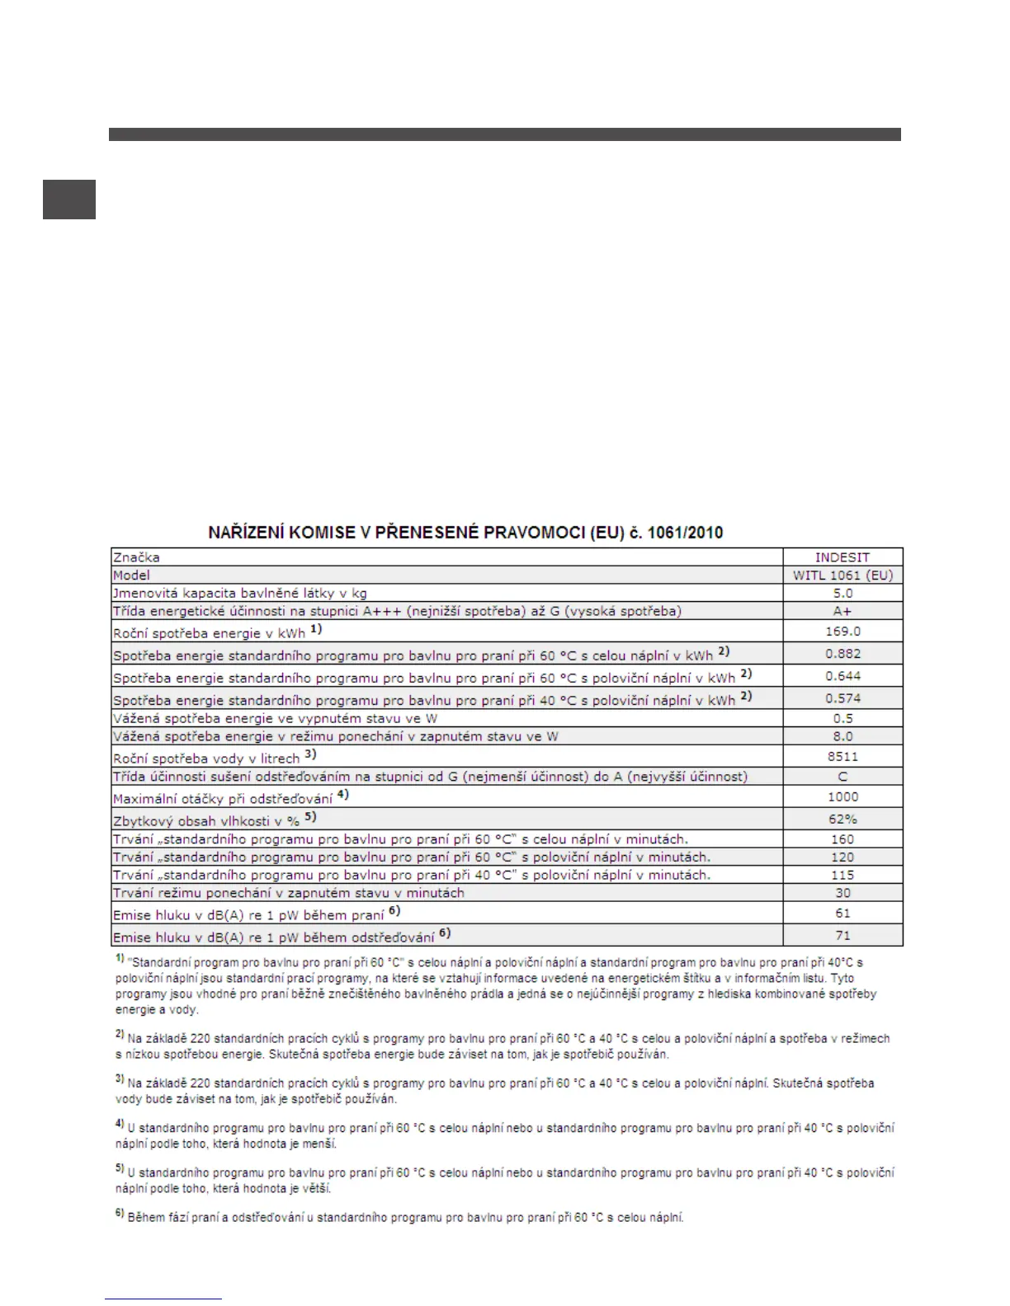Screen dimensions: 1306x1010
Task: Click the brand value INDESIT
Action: [x=842, y=557]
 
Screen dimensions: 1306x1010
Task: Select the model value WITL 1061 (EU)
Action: [x=842, y=575]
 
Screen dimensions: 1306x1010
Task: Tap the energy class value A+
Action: [x=842, y=611]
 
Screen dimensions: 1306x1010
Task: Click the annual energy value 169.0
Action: [x=842, y=632]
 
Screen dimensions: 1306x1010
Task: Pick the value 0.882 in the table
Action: [x=842, y=654]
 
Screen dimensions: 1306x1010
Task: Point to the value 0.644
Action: [x=842, y=676]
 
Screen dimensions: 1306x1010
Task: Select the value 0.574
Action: [x=842, y=698]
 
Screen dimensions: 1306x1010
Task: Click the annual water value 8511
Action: [x=842, y=756]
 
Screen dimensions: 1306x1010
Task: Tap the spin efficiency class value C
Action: [x=842, y=777]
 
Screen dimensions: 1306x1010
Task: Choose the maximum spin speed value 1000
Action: [x=842, y=797]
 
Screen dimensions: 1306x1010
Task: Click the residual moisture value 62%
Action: [x=842, y=820]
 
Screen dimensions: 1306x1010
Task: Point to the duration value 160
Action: [x=842, y=839]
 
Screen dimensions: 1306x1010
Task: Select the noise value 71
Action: [x=842, y=936]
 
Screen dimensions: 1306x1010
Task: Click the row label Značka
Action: [x=137, y=557]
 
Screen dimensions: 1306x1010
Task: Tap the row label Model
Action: [x=132, y=575]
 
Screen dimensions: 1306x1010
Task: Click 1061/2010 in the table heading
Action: [x=685, y=533]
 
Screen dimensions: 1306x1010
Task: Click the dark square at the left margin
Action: [x=69, y=200]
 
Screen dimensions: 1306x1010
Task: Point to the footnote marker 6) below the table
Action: [x=120, y=1214]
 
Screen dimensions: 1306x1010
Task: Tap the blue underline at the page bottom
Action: [x=163, y=1299]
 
